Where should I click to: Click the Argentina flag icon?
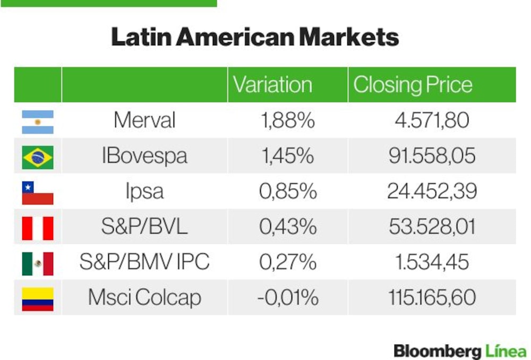pos(38,122)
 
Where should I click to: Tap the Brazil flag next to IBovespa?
pos(38,158)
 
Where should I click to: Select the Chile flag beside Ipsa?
pos(38,193)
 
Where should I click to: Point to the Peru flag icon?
pos(38,229)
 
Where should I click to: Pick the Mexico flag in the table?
pos(38,264)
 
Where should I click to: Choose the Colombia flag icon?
pos(38,299)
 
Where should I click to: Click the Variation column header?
pos(272,84)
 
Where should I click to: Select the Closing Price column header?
pos(413,84)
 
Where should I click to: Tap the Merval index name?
pos(144,120)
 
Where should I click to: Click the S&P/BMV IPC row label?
pos(144,262)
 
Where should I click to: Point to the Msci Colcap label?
pos(144,297)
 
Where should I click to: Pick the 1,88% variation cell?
pos(288,120)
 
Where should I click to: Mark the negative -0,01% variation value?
pos(288,297)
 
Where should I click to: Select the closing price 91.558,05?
pos(432,156)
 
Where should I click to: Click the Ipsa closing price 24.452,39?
pos(432,191)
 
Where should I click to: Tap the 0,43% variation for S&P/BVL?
pos(288,227)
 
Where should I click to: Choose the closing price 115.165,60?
pos(432,297)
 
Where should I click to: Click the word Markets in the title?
pos(349,37)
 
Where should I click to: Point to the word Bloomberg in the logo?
pos(437,351)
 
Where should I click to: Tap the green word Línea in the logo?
pos(506,350)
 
